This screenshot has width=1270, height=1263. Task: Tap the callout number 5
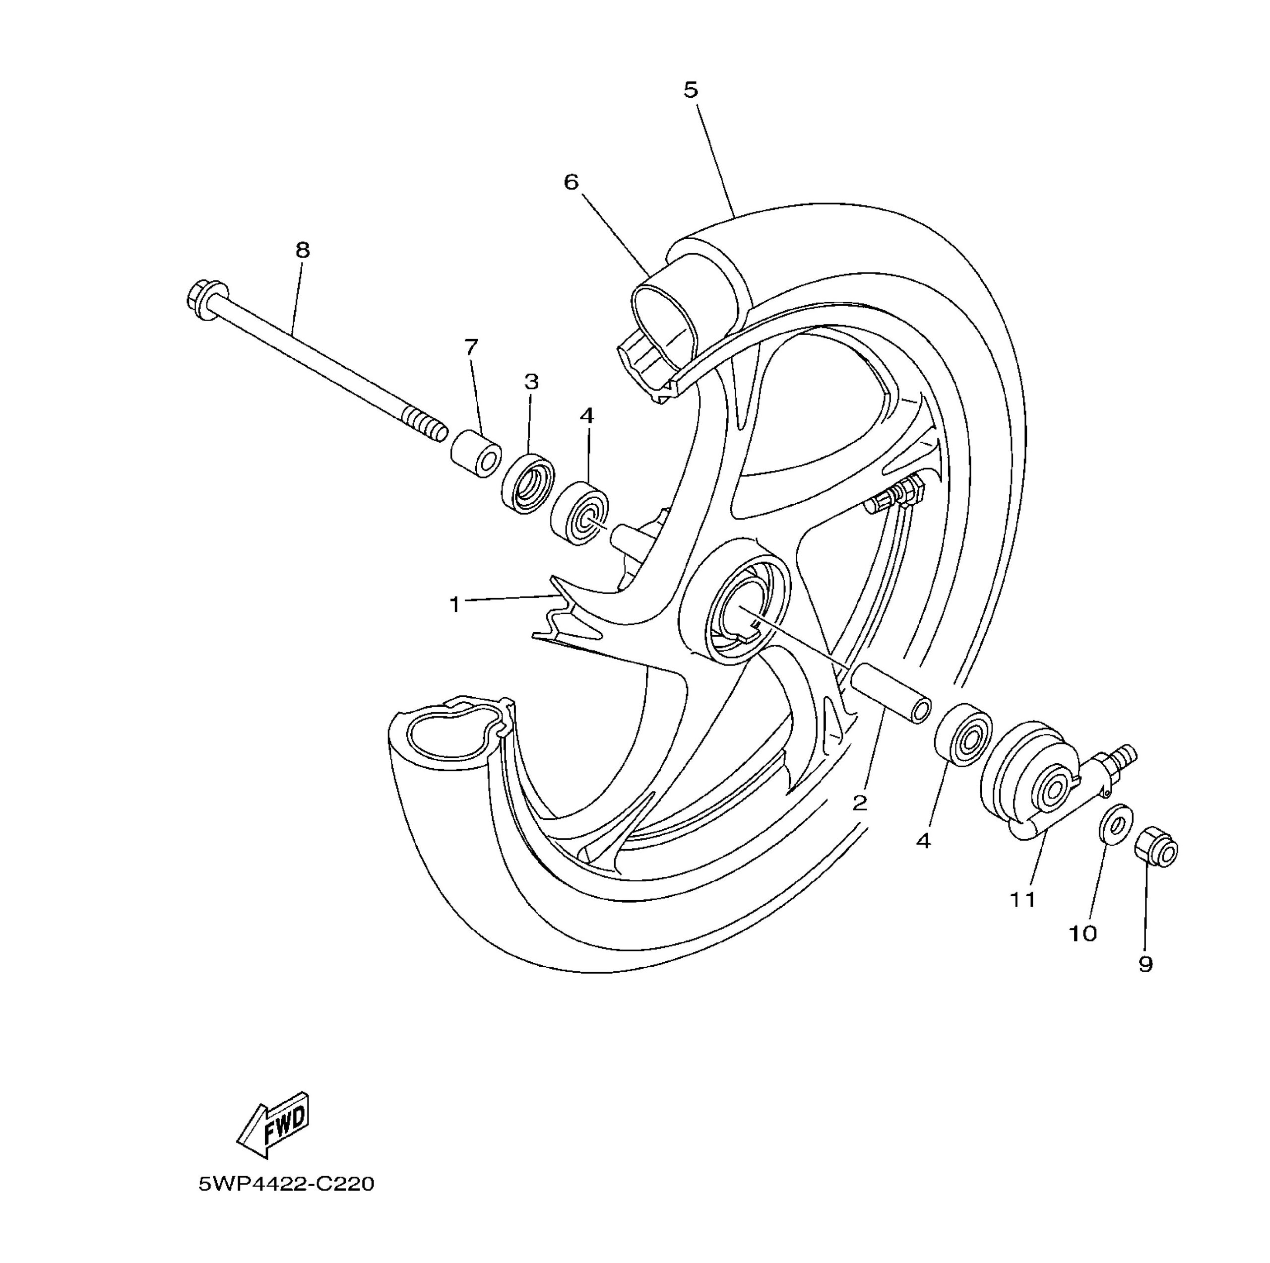[x=690, y=90]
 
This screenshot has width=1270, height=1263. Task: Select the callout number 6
[x=571, y=182]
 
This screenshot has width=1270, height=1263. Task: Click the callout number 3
[x=531, y=381]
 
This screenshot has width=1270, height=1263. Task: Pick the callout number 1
[x=455, y=603]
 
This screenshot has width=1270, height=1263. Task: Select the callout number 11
[x=1022, y=899]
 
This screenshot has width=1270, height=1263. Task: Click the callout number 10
[x=1082, y=933]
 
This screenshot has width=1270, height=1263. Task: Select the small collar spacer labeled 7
[x=475, y=454]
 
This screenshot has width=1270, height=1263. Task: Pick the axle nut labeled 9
[x=1155, y=853]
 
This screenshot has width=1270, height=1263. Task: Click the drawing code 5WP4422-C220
[x=287, y=1184]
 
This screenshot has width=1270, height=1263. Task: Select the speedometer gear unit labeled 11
[x=1032, y=783]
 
